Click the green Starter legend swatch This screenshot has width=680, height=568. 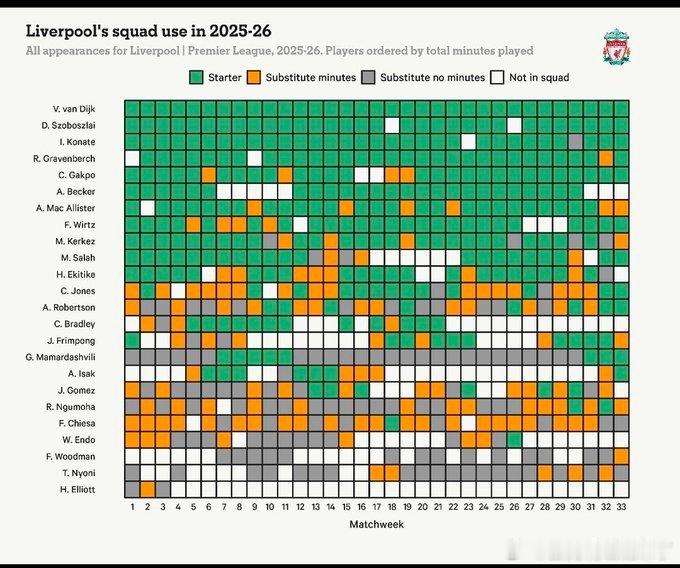coord(195,77)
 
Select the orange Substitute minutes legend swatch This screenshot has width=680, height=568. coord(256,77)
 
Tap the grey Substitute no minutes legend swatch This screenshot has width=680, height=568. coord(369,77)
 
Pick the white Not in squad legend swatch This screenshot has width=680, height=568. coord(497,77)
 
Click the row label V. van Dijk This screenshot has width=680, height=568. coord(75,108)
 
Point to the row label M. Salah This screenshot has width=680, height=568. coord(77,257)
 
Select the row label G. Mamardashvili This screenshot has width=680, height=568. coord(61,357)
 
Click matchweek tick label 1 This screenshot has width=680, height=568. coord(132,507)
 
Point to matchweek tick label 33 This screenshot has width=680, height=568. coord(621,507)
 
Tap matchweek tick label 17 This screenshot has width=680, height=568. coord(377,507)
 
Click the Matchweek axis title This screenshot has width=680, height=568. coord(376,525)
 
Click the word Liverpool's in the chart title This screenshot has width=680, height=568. coord(66,31)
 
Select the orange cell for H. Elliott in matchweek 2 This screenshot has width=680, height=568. coord(148,489)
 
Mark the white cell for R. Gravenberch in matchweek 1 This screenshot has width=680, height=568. coord(132,158)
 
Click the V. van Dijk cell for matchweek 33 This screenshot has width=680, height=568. coord(621,108)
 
